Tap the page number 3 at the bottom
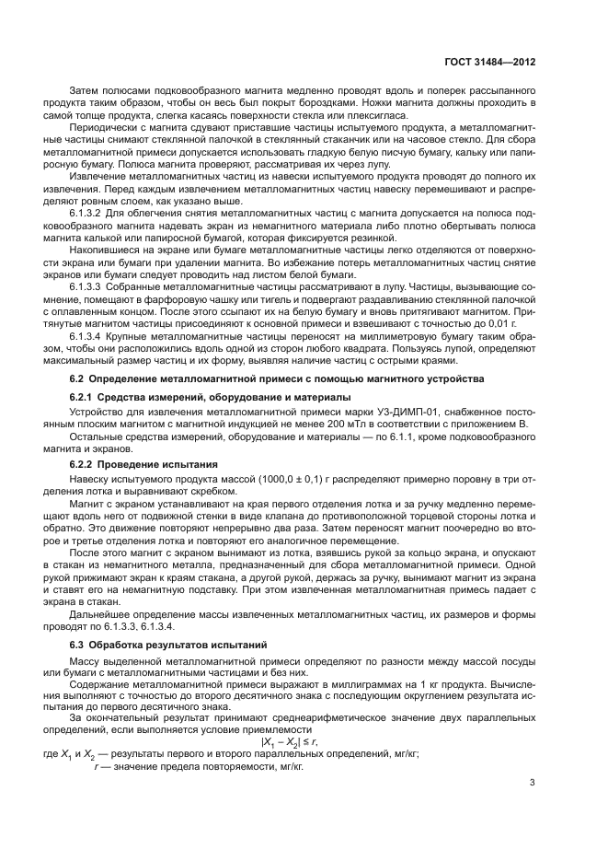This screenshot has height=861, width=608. (533, 783)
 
